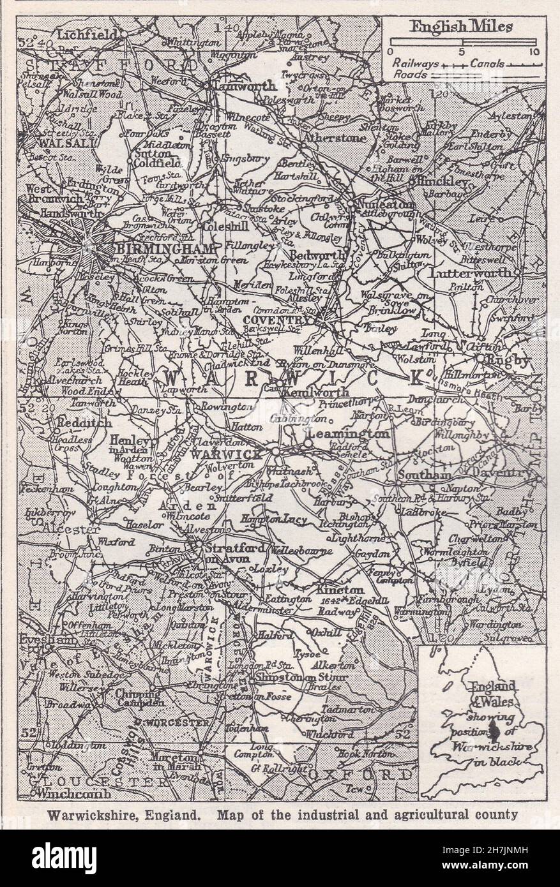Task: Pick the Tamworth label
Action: [245, 86]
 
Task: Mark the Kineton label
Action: [340, 590]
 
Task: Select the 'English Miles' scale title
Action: [464, 27]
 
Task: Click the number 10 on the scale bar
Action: [534, 52]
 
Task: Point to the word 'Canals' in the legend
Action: [488, 64]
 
